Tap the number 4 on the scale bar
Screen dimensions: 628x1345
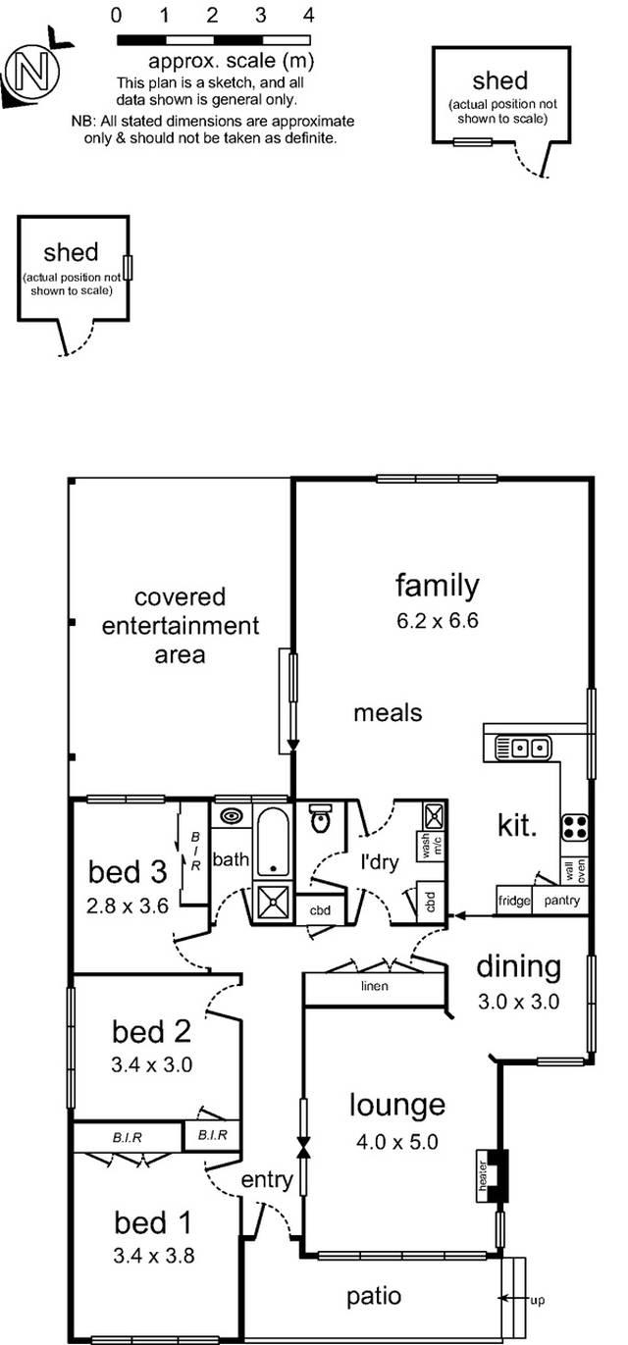[308, 15]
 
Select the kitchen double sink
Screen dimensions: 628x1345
[522, 749]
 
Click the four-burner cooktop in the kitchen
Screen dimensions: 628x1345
[575, 827]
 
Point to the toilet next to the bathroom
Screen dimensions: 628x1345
[321, 818]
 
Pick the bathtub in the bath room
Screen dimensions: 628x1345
[273, 842]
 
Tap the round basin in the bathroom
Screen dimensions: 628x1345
[231, 816]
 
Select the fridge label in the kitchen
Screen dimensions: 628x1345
[514, 901]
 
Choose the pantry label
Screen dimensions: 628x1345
[562, 900]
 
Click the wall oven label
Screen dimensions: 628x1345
[575, 870]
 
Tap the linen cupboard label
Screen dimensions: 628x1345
[375, 986]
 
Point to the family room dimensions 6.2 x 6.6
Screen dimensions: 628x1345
[437, 620]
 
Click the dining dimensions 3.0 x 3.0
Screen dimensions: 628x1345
[519, 1002]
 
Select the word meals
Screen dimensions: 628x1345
[388, 713]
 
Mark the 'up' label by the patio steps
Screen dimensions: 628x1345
[538, 1301]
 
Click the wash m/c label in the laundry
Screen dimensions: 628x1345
[431, 844]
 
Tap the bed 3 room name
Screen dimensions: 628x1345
[128, 872]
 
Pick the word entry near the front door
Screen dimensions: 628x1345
[267, 1180]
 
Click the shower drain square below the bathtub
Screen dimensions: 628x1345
[273, 902]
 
